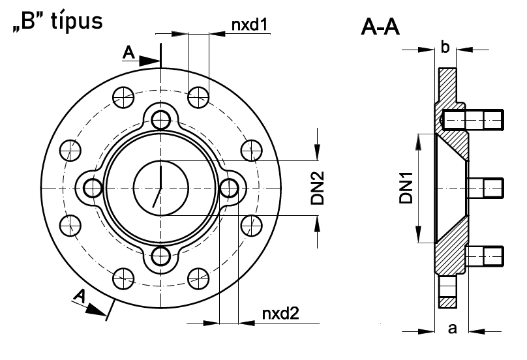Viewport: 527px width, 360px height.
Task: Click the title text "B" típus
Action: tap(55, 22)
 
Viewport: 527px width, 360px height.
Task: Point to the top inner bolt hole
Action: tap(160, 119)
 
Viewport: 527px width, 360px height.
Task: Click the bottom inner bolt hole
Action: tap(160, 255)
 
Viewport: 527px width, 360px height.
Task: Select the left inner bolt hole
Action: tap(93, 188)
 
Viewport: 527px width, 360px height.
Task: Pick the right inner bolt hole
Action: tap(228, 188)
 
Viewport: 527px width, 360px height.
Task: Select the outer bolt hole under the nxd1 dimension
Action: tap(198, 98)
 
